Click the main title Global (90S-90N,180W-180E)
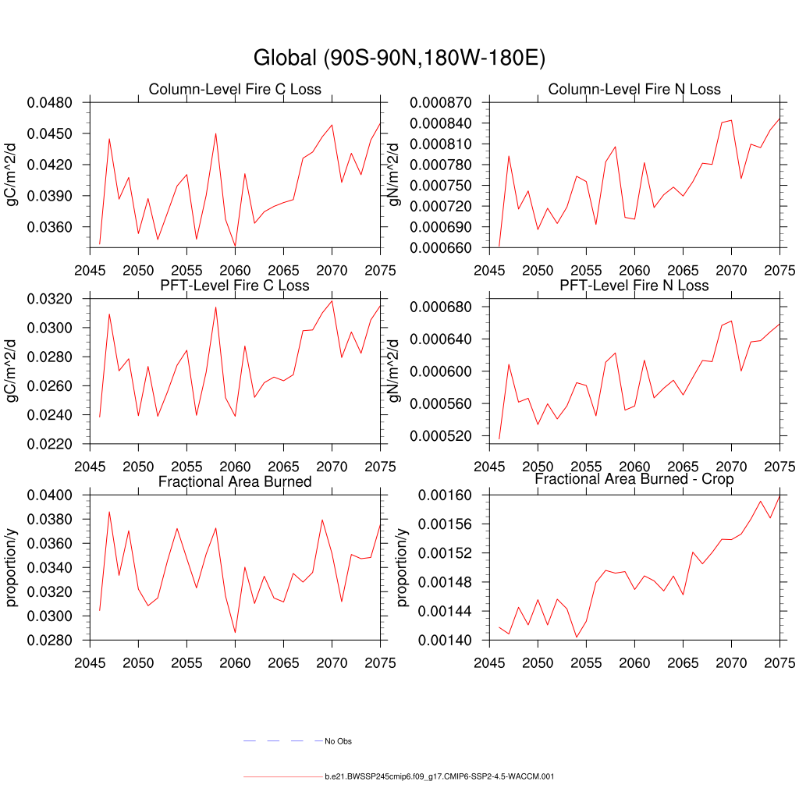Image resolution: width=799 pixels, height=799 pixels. [399, 59]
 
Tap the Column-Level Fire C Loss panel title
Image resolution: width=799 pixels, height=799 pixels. [235, 89]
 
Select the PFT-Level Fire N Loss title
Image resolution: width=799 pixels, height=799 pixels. [634, 286]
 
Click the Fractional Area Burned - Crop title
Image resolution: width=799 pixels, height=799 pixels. [634, 479]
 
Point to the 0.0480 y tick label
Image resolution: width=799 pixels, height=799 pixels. [49, 103]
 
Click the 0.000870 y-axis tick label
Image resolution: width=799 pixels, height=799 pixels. [438, 103]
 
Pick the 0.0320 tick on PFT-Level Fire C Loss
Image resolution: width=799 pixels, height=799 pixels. [49, 299]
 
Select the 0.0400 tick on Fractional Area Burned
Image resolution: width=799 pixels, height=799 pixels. [49, 495]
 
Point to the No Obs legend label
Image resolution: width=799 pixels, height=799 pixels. [338, 741]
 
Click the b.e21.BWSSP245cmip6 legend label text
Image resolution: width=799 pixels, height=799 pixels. [439, 777]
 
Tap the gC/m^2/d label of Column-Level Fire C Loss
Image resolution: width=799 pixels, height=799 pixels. [12, 174]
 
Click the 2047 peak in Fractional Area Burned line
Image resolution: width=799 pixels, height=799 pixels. [109, 512]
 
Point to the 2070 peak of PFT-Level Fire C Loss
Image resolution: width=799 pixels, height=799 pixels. [332, 300]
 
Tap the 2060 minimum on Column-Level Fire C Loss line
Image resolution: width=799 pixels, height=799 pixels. [235, 247]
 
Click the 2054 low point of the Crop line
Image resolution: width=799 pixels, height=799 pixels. [577, 637]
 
